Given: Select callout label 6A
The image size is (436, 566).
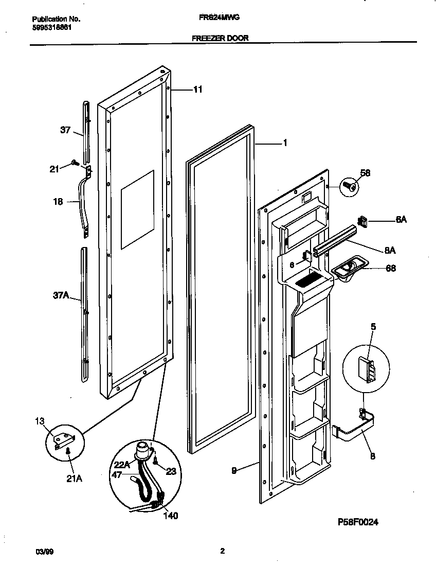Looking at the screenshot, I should tap(401, 219).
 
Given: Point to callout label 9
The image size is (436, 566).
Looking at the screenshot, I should tap(234, 470).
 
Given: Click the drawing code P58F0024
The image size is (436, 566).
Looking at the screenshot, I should tap(358, 522).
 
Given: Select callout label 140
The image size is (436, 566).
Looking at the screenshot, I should tap(170, 516).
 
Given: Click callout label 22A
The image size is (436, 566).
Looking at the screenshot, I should tap(122, 464).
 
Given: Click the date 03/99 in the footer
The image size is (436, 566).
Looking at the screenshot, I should tap(45, 552).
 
